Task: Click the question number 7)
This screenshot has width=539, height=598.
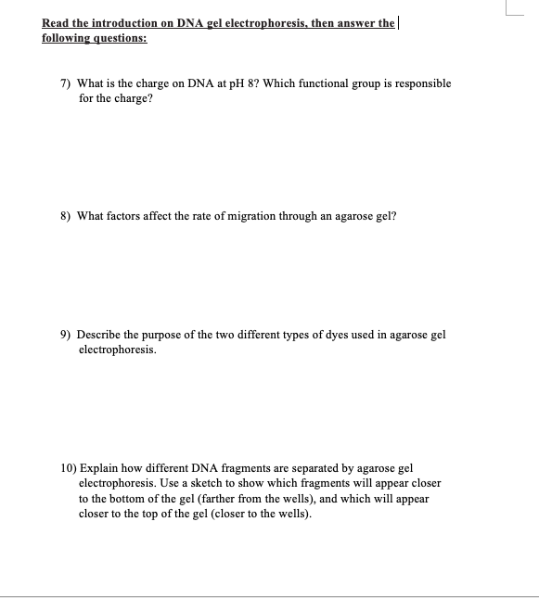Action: pos(67,83)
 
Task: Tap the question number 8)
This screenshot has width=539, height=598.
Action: pos(67,216)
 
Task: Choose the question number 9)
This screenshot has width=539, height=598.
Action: pos(67,335)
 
